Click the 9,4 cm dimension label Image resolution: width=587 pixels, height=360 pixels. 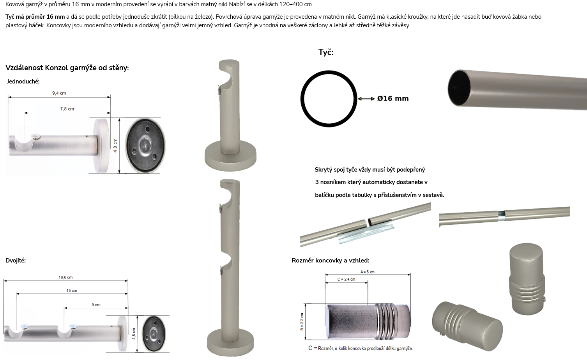click(x=59, y=93)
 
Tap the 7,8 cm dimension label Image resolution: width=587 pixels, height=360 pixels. click(x=67, y=109)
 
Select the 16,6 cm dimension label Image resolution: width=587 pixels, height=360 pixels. click(x=65, y=277)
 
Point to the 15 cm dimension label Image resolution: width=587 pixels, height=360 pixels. click(x=72, y=291)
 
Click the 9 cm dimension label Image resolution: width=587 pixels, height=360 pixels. click(x=96, y=305)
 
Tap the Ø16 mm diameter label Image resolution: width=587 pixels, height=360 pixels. click(x=393, y=99)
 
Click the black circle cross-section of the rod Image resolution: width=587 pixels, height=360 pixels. click(x=329, y=71)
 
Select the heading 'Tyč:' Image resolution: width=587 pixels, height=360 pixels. click(x=326, y=52)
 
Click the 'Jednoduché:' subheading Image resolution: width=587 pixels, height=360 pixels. click(x=23, y=82)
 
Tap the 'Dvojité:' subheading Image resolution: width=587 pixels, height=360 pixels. click(x=16, y=261)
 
